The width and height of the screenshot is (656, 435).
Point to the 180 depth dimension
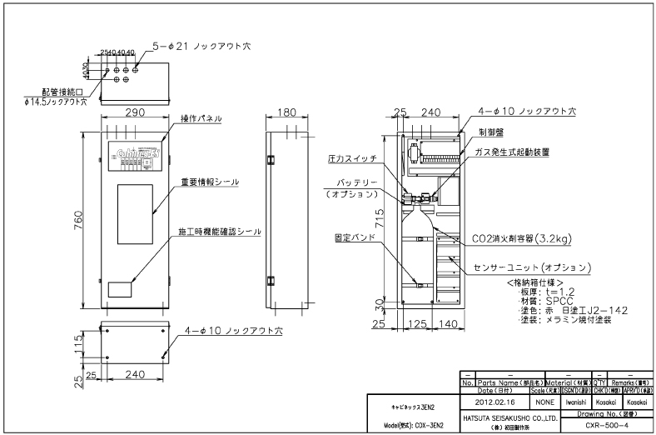tap(287, 111)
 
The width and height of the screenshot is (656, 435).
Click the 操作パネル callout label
tap(201, 119)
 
